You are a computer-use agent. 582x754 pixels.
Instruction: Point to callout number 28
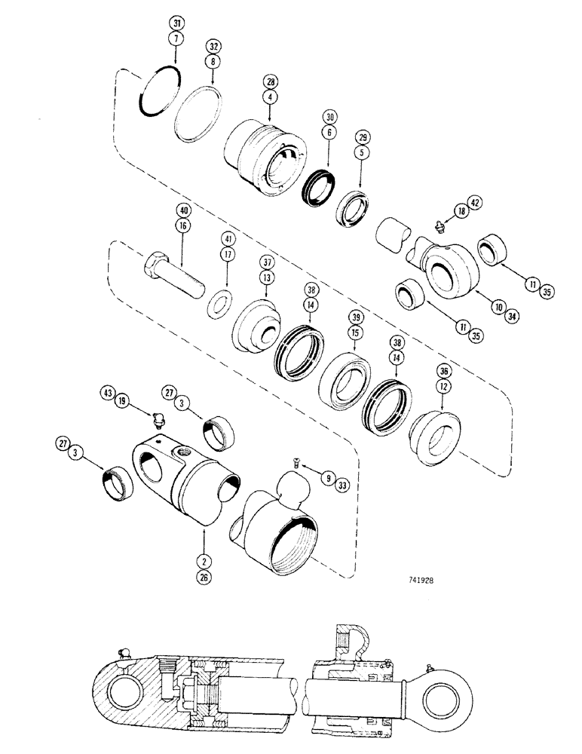pyautogui.click(x=270, y=81)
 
